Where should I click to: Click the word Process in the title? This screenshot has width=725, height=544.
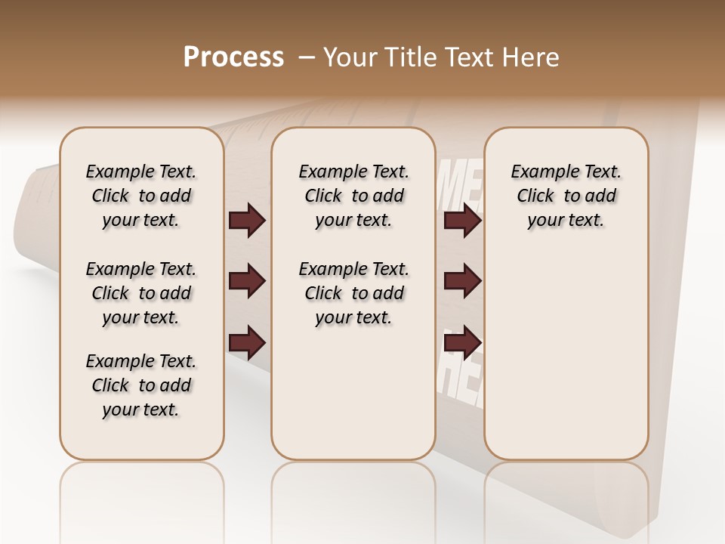(233, 57)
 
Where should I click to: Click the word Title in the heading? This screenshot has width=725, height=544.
(408, 57)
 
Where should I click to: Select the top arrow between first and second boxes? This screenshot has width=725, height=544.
(247, 221)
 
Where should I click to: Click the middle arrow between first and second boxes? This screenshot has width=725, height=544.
(247, 282)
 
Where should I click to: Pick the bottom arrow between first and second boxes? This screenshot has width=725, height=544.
(247, 343)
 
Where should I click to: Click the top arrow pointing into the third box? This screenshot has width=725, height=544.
(462, 221)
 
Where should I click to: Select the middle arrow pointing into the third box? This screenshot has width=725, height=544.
(462, 282)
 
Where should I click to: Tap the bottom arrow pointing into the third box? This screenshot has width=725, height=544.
(462, 343)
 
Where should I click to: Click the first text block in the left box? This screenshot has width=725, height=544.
(141, 196)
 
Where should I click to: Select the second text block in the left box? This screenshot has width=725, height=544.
(141, 293)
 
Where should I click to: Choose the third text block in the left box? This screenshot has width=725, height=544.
(141, 385)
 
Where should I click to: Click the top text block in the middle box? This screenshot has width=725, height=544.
(353, 196)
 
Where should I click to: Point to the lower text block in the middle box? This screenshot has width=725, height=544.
(353, 293)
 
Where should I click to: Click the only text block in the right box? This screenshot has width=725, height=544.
(566, 196)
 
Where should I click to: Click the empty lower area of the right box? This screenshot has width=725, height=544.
(566, 355)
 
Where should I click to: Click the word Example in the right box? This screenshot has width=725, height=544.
(539, 172)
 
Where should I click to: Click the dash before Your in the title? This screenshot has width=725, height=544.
(307, 57)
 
